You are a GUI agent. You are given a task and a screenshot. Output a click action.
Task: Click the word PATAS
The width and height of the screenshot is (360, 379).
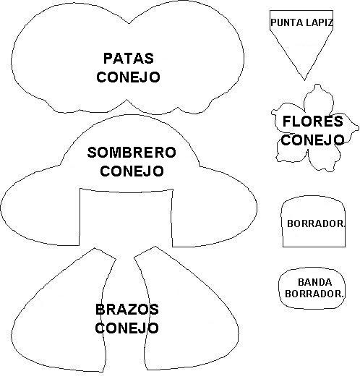click(x=128, y=58)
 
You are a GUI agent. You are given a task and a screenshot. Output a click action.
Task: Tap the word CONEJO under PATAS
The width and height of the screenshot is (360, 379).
click(x=128, y=76)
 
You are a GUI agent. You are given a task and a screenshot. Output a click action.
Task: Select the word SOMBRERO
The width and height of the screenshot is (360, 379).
click(x=132, y=153)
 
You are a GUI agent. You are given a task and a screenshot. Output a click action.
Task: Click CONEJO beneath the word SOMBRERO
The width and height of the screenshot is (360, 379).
click(x=132, y=171)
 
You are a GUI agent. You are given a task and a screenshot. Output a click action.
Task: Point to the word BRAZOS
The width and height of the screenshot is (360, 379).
click(x=127, y=310)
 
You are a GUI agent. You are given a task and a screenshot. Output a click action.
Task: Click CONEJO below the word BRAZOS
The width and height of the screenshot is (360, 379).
click(x=127, y=328)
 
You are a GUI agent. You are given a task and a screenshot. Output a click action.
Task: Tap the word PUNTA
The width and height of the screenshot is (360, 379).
click(x=286, y=22)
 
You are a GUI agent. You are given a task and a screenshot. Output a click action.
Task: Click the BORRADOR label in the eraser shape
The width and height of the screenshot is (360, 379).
click(x=316, y=223)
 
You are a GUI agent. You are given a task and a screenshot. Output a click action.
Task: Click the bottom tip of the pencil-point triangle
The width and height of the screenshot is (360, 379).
click(x=301, y=77)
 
